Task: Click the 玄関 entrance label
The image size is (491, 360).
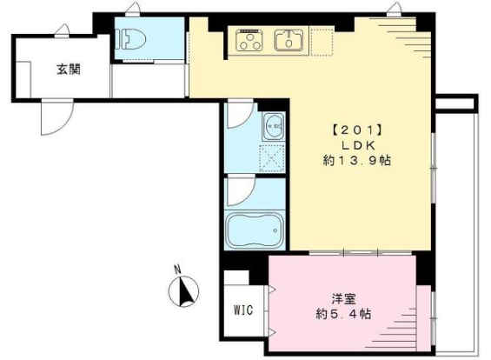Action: (70, 70)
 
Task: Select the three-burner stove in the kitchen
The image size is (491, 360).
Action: (249, 39)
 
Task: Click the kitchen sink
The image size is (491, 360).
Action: (287, 39)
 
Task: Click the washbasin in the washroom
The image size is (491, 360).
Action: (274, 128)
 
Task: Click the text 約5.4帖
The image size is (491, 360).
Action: (344, 313)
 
